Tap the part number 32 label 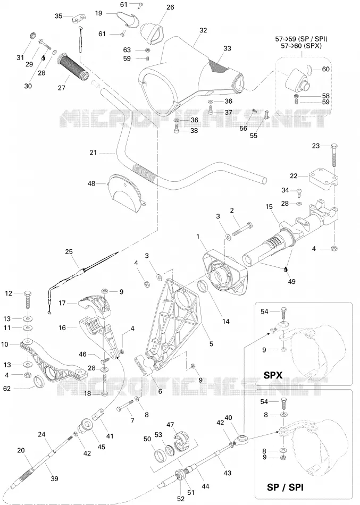203,30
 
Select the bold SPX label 273,375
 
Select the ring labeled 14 203,285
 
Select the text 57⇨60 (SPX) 300,46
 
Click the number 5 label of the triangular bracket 211,344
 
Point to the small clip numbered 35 79,19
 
